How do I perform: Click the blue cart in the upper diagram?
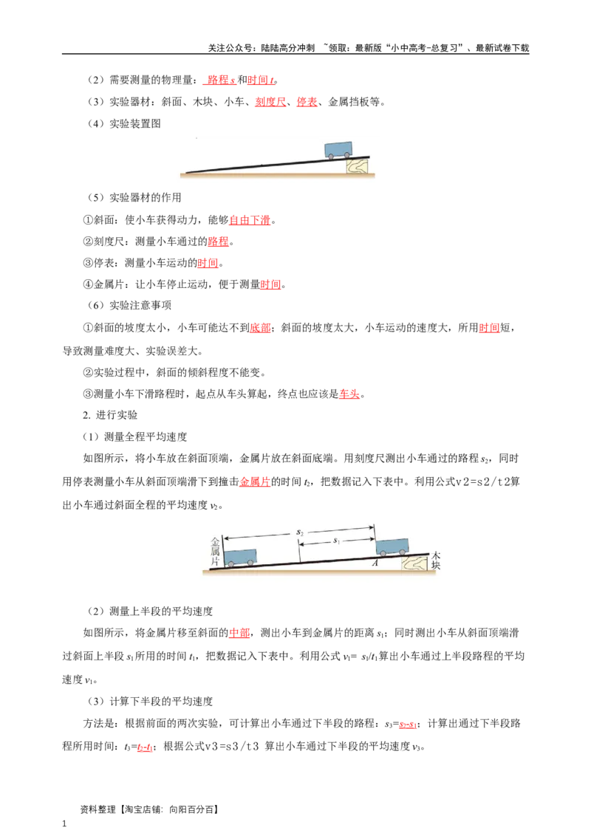339,148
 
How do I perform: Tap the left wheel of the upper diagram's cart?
331,156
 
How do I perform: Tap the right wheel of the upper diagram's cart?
347,155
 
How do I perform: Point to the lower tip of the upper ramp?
188,173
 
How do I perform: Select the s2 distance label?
299,532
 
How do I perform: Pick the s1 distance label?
336,541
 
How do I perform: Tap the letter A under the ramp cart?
376,562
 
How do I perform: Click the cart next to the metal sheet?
240,555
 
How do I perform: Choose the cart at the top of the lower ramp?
392,545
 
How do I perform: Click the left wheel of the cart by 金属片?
231,563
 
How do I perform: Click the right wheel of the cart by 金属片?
250,563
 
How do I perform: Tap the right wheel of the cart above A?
402,552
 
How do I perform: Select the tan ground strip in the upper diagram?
281,175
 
